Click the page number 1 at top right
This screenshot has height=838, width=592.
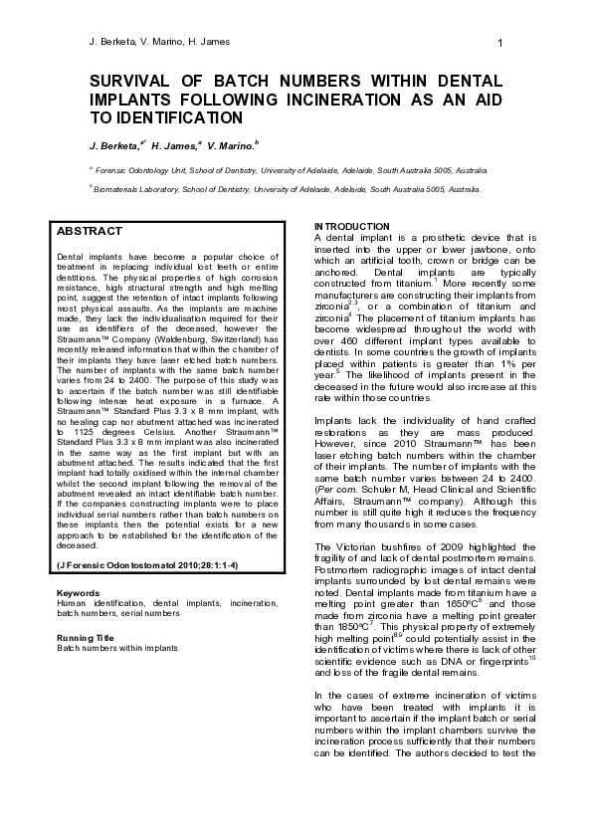499,42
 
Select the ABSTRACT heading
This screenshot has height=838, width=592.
90,231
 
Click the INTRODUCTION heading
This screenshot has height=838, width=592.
352,227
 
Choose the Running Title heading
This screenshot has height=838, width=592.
86,637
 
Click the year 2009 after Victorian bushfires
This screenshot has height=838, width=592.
432,546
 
